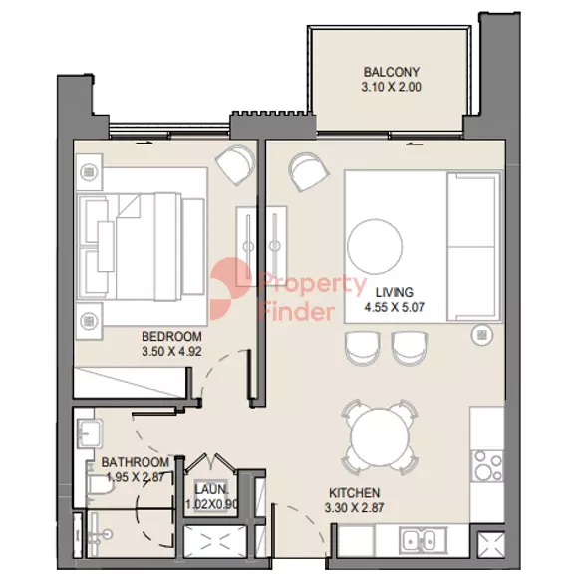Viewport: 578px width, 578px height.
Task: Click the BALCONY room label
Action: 391,72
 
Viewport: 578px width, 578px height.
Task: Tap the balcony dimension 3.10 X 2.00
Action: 391,87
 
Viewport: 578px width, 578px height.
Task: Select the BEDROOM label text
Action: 171,336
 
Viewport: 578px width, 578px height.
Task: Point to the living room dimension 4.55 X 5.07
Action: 394,307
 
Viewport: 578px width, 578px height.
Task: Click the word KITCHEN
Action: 354,493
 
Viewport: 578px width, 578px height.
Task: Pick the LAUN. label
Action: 211,489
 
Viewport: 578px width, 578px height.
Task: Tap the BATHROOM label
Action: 136,462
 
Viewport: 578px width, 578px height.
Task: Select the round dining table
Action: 380,437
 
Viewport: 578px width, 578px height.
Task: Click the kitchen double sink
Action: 423,540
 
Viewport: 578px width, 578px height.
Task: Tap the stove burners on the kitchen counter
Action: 488,465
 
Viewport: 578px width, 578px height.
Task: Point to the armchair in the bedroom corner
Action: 236,164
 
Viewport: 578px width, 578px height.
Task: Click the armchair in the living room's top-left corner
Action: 309,171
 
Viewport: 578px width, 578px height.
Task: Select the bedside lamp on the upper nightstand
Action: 89,172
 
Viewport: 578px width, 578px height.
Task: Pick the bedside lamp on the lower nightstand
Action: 89,320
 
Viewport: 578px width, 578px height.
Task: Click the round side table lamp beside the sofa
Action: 481,335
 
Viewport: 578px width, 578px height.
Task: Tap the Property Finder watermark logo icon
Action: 230,289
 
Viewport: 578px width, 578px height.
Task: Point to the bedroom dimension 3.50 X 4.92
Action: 171,352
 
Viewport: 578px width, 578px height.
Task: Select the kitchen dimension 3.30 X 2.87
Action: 354,508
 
